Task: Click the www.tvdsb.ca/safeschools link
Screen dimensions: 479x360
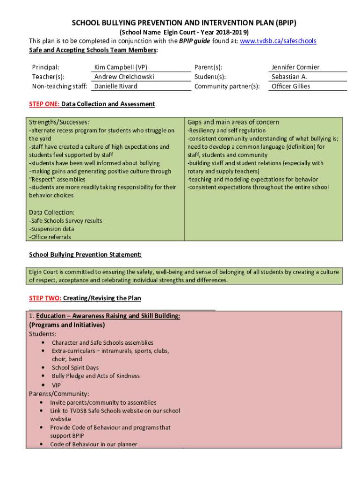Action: click(x=278, y=41)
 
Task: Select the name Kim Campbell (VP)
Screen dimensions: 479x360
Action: click(x=121, y=67)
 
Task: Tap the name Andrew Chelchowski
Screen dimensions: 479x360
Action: click(x=124, y=77)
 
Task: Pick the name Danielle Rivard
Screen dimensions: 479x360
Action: click(x=115, y=86)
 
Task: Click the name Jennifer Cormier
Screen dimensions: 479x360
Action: click(x=295, y=67)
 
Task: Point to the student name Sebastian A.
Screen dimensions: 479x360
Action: click(x=289, y=77)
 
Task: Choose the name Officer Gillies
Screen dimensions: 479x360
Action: click(x=290, y=86)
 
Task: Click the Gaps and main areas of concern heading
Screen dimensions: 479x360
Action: click(x=233, y=122)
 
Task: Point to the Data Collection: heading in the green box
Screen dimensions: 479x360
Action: click(x=51, y=212)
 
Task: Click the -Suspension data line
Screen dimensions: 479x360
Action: click(x=51, y=229)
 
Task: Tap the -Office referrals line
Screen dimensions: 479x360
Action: click(x=50, y=237)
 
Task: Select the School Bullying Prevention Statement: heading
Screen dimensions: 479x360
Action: click(x=85, y=254)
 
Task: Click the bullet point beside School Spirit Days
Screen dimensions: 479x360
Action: click(x=43, y=367)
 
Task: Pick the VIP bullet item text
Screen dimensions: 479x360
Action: click(x=56, y=385)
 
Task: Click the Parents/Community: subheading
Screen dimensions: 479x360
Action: click(x=59, y=394)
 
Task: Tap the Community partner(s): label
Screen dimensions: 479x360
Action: click(x=227, y=86)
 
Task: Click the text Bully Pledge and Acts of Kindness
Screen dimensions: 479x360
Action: click(x=95, y=376)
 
